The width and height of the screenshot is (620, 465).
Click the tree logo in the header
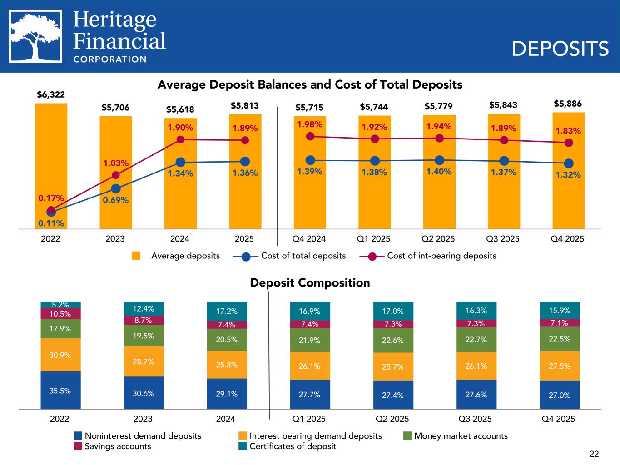coord(36,36)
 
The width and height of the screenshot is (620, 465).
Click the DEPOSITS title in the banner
coord(560,49)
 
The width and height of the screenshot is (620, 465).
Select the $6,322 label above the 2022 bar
coord(51,95)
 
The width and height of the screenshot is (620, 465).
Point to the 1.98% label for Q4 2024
coord(310,124)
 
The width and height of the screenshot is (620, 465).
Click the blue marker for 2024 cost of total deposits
coord(180,162)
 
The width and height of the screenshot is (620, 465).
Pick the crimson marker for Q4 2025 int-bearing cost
coord(568,143)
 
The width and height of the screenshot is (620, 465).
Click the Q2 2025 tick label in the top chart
coord(438,239)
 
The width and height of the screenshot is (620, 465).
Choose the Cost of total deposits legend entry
coord(303,256)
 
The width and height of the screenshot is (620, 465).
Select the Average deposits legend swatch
coord(136,256)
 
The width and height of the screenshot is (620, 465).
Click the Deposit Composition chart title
coord(310,283)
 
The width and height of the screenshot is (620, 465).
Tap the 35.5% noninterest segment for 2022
coord(60,390)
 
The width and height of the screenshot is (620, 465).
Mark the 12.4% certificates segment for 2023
coord(144,309)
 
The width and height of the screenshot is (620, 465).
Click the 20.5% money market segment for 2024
coord(227,340)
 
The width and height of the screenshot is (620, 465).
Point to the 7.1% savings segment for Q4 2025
coord(559,323)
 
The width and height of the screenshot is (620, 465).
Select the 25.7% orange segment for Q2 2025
coord(393,366)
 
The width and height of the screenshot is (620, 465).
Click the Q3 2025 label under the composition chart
coord(476,419)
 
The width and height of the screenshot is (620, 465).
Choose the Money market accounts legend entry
coord(461,436)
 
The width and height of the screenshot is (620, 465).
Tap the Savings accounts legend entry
coord(118,446)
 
